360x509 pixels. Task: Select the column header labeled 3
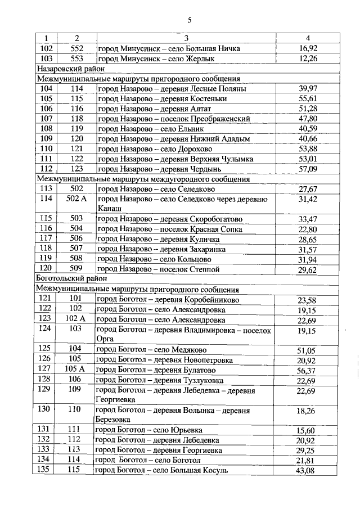186,38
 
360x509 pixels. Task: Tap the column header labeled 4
307,38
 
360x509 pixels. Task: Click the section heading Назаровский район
64,69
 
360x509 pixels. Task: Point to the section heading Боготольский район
64,278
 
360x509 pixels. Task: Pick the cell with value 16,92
307,48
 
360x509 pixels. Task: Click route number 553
76,58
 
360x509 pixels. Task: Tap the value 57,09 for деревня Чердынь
307,169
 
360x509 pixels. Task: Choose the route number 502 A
76,200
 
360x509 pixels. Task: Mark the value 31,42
307,200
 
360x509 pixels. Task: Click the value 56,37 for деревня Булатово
307,370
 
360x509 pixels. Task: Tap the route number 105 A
75,369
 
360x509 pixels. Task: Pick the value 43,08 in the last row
307,471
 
